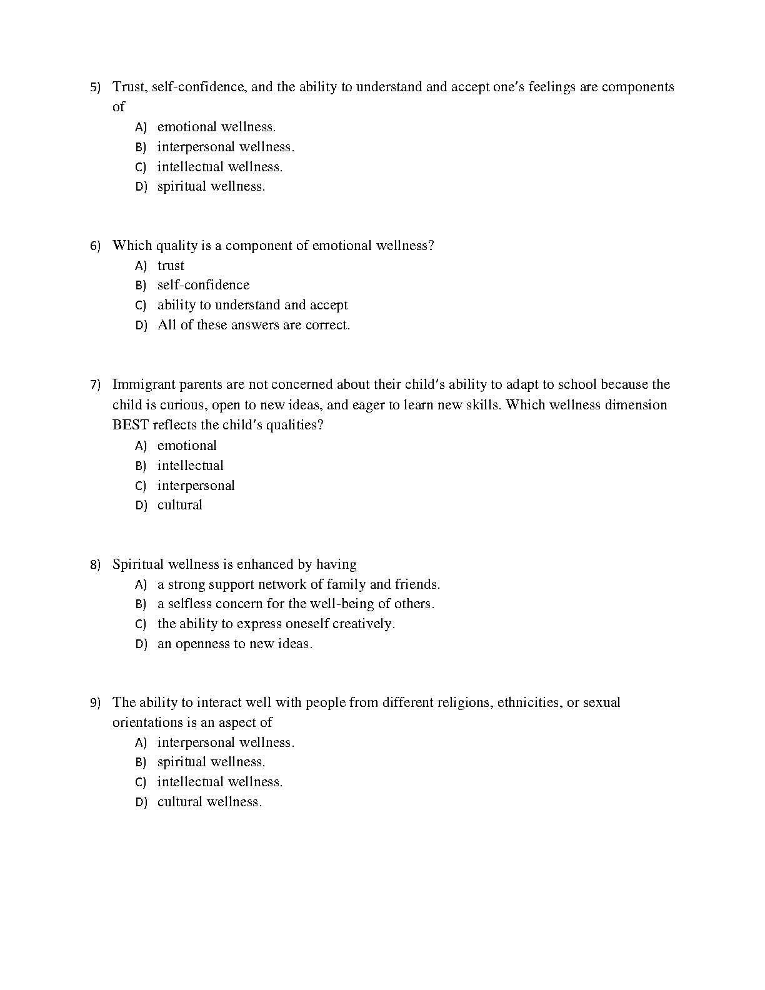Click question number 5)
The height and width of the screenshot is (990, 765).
[95, 87]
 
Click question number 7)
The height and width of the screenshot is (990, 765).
[95, 384]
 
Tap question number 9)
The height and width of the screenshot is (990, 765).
[95, 702]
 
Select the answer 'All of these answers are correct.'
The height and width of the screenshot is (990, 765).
[254, 325]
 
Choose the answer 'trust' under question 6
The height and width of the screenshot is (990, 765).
[171, 266]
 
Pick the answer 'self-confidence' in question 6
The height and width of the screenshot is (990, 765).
[203, 285]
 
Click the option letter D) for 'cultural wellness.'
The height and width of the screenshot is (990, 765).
[141, 802]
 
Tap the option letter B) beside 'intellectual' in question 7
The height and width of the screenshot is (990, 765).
[141, 466]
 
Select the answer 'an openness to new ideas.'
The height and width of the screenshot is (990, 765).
[234, 644]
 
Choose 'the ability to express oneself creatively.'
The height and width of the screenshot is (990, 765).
[276, 624]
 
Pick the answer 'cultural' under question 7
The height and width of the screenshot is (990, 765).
[180, 505]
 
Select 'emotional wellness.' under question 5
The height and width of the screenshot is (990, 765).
[216, 127]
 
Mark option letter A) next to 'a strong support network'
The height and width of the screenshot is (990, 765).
[141, 584]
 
